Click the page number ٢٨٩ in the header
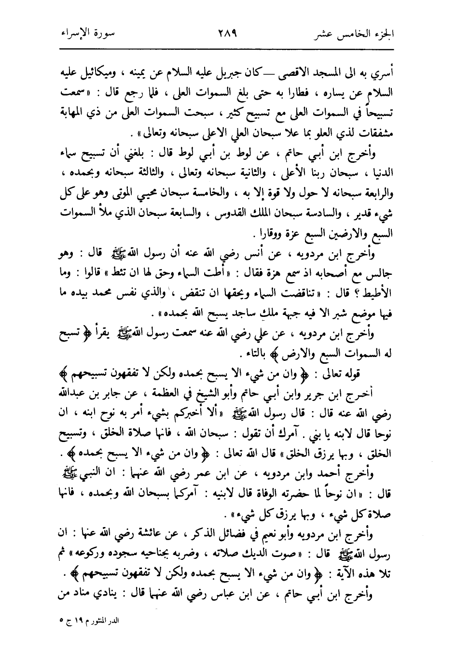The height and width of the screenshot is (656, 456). (x=227, y=35)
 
